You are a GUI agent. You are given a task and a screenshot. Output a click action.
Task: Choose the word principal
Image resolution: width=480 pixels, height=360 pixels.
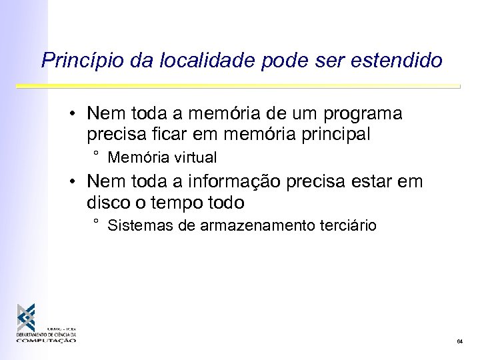(x=331, y=134)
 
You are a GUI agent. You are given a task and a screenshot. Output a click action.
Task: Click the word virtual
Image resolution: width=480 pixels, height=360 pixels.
(x=194, y=158)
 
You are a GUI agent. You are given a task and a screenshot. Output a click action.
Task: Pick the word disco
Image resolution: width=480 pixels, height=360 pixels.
(x=107, y=201)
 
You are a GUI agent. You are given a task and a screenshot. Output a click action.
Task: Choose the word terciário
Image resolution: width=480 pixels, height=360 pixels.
(x=344, y=225)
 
